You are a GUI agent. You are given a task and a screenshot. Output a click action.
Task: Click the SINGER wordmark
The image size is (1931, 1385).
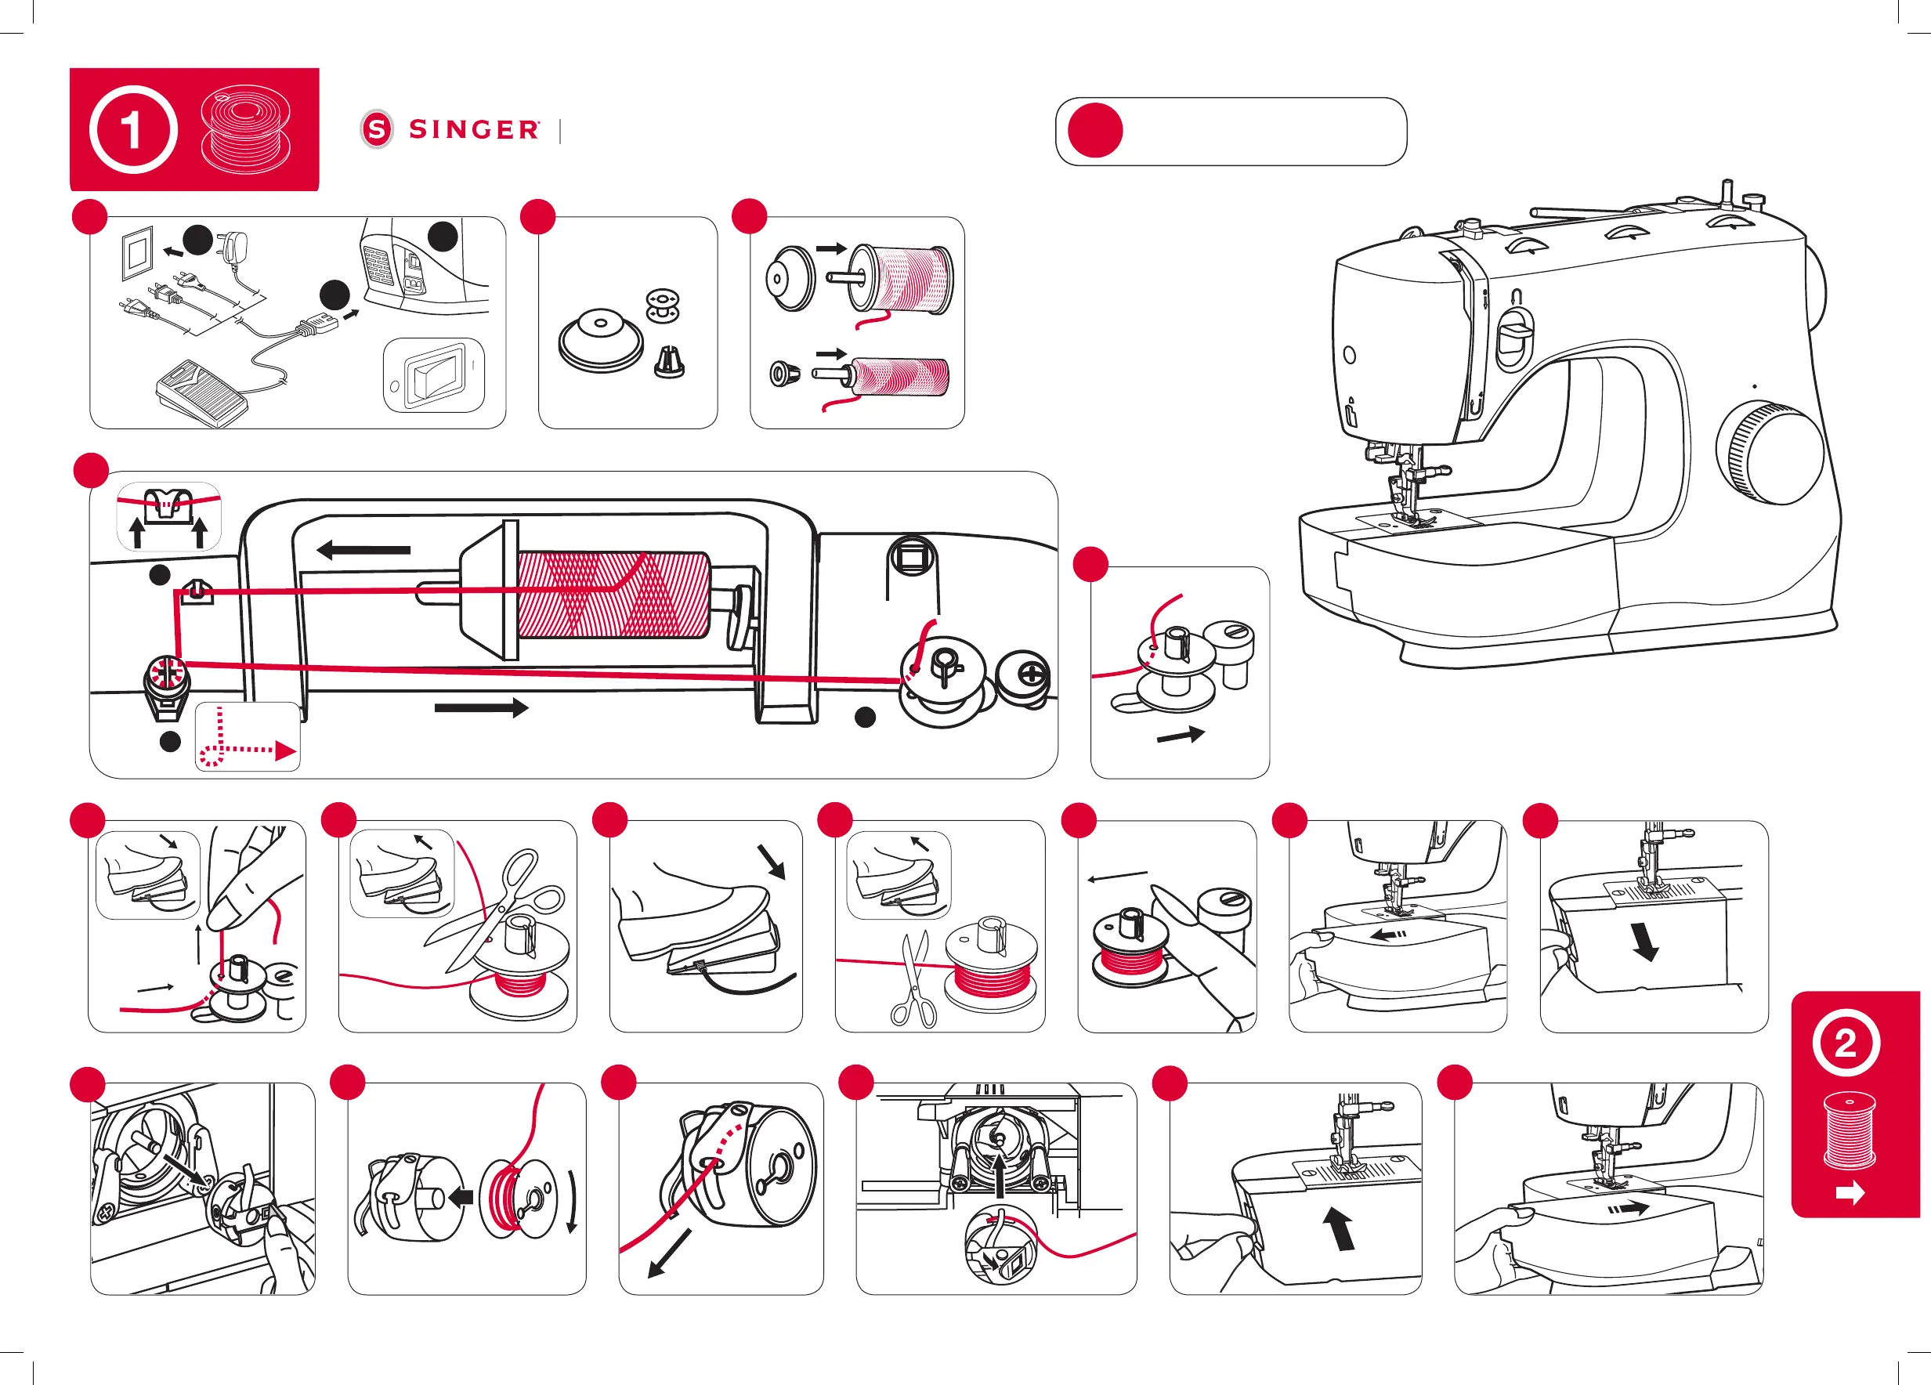pyautogui.click(x=473, y=129)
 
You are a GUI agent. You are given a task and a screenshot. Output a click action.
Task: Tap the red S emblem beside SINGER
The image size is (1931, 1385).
pyautogui.click(x=377, y=129)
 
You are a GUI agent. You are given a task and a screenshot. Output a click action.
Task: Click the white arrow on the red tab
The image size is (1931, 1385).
pyautogui.click(x=1850, y=1194)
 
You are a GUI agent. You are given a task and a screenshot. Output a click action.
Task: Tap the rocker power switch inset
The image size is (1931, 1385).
pyautogui.click(x=434, y=375)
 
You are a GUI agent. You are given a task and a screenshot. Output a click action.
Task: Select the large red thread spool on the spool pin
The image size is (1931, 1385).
pyautogui.click(x=613, y=594)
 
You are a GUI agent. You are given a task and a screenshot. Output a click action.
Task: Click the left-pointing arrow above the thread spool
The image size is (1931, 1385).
pyautogui.click(x=363, y=550)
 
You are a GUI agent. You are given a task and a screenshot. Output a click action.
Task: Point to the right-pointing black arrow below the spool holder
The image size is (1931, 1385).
pyautogui.click(x=481, y=707)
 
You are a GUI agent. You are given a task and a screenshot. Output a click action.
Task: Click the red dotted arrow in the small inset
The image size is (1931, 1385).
pyautogui.click(x=248, y=737)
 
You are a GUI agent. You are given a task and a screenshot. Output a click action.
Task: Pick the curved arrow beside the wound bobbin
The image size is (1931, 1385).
pyautogui.click(x=572, y=1201)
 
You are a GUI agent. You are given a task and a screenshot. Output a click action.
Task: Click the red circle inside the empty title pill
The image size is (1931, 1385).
pyautogui.click(x=1095, y=130)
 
